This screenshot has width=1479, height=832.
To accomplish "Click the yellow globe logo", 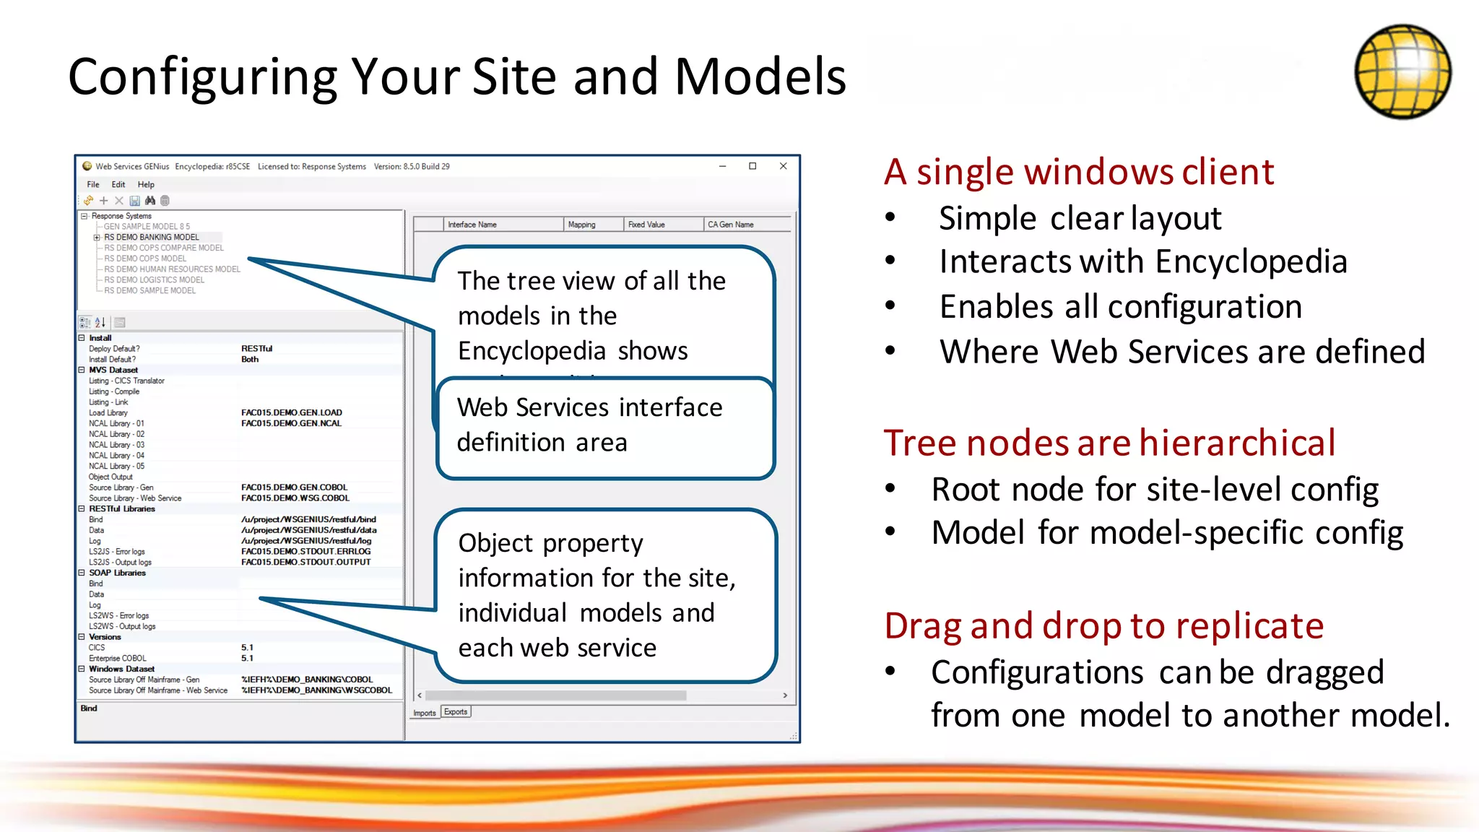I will pyautogui.click(x=1402, y=71).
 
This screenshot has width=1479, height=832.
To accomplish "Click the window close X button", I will pyautogui.click(x=783, y=166).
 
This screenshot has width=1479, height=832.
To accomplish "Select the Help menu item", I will pyautogui.click(x=146, y=185).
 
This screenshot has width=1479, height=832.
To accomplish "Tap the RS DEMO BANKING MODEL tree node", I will pyautogui.click(x=151, y=237).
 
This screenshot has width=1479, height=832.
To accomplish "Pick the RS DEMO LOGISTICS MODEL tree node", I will pyautogui.click(x=154, y=279).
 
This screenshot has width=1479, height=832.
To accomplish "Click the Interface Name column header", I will pyautogui.click(x=472, y=225).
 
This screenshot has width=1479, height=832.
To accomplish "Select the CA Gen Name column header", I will pyautogui.click(x=730, y=225).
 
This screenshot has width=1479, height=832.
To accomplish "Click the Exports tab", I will pyautogui.click(x=456, y=712).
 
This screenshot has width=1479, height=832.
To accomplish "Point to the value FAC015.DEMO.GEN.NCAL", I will pyautogui.click(x=291, y=423).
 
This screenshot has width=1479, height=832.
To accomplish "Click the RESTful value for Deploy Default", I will pyautogui.click(x=256, y=349).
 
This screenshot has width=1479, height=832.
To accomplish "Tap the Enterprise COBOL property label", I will pyautogui.click(x=117, y=658).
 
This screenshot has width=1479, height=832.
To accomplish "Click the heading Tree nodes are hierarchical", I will pyautogui.click(x=1109, y=443).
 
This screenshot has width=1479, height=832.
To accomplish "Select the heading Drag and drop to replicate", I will pyautogui.click(x=1103, y=625).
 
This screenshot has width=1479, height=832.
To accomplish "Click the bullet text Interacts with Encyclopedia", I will pyautogui.click(x=1142, y=261).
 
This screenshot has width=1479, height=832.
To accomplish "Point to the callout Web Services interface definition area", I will pyautogui.click(x=605, y=426).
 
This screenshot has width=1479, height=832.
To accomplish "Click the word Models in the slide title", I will pyautogui.click(x=760, y=77).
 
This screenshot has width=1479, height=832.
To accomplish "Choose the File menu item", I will pyautogui.click(x=93, y=185).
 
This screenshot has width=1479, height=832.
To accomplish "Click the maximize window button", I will pyautogui.click(x=752, y=166).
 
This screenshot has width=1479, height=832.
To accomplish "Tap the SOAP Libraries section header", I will pyautogui.click(x=117, y=573).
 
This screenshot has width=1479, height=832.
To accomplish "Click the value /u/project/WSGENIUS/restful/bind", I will pyautogui.click(x=308, y=519).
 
